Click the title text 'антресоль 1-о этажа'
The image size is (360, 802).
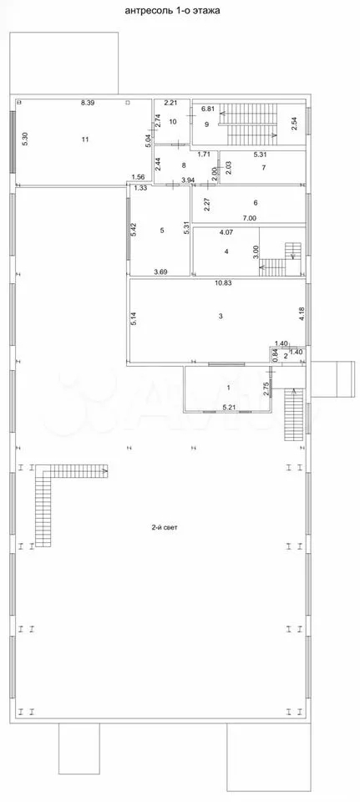172,10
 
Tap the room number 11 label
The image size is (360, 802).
85,139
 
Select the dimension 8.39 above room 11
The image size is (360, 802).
88,103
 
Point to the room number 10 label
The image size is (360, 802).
172,122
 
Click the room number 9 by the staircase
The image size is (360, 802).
207,124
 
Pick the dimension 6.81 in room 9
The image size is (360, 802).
208,109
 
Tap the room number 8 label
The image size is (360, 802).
183,165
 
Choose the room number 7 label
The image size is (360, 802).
263,168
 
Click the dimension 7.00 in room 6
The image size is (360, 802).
250,218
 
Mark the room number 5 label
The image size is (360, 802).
162,231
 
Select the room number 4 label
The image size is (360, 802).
225,251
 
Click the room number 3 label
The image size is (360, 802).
221,316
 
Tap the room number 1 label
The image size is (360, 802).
229,388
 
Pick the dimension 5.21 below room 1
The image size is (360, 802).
229,407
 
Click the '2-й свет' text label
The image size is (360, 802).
165,527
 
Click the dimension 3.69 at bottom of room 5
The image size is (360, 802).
161,272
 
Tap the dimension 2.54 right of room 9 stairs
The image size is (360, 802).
294,124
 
